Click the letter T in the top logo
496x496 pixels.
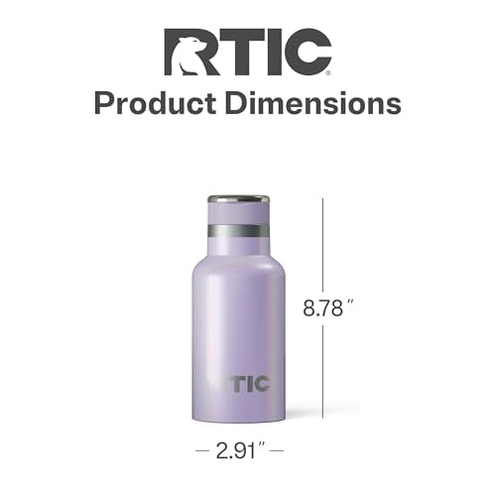[x=232, y=52]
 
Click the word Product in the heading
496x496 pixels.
[x=156, y=103]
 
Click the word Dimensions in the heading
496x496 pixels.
[x=313, y=103]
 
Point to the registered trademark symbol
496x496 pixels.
[x=328, y=73]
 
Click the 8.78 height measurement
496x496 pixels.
[x=322, y=309]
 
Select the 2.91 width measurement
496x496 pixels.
[x=236, y=450]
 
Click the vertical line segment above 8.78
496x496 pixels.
[x=322, y=245]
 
